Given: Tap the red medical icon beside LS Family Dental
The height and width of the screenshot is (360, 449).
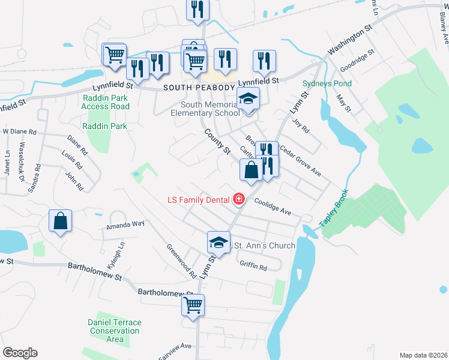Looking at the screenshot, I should (239, 198).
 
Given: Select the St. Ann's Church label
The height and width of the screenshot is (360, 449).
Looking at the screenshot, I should (264, 245).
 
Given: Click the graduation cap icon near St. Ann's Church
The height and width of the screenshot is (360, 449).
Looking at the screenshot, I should (218, 242).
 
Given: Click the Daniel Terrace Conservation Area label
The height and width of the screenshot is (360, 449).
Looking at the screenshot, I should (115, 331).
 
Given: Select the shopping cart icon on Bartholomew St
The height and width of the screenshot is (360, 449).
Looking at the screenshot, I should (193, 305).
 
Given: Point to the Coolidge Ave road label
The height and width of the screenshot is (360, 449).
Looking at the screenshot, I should (273, 208).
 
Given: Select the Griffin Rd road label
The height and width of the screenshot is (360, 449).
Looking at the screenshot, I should (253, 266).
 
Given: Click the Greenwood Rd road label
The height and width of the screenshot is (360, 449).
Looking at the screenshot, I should (181, 262).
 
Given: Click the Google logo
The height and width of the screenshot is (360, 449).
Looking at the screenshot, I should (20, 353).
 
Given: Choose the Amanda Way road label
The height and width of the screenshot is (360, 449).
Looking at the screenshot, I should (126, 225).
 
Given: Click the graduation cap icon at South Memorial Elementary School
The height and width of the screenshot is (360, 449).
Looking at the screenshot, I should (248, 99).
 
